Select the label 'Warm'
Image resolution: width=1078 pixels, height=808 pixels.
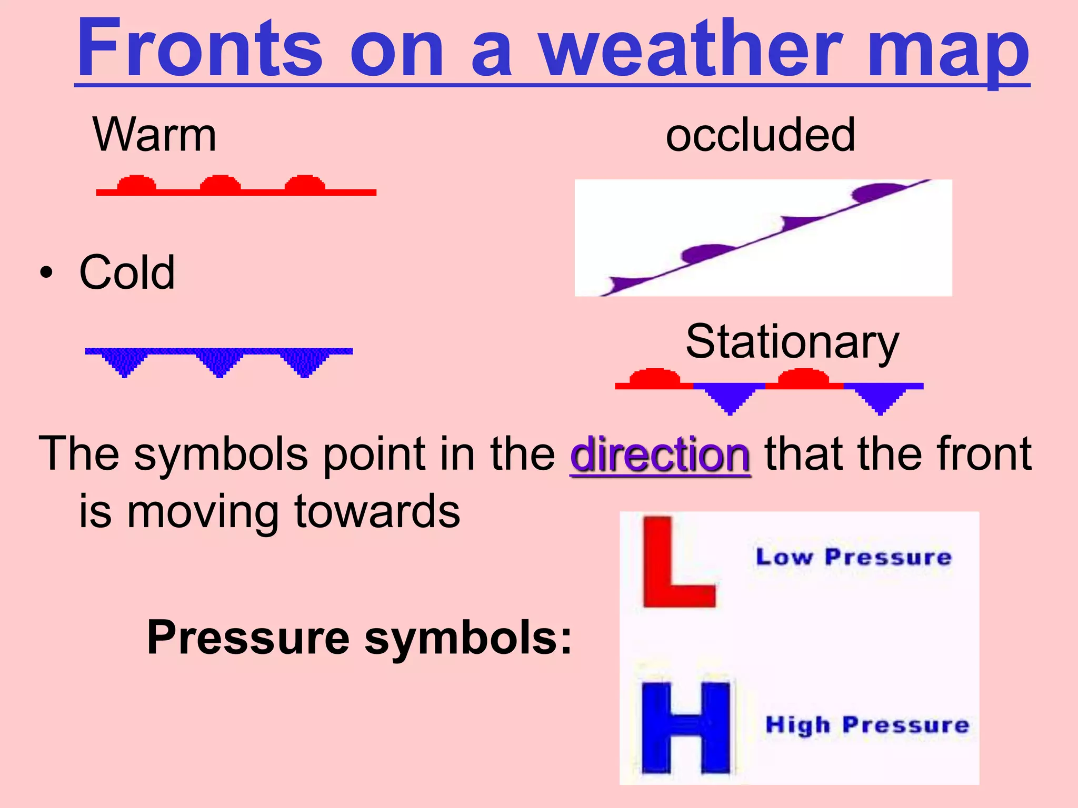tap(154, 135)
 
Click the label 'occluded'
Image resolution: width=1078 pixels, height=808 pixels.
tap(760, 135)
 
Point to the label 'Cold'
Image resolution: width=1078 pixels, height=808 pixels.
tap(127, 272)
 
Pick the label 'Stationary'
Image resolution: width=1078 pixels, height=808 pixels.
tap(792, 342)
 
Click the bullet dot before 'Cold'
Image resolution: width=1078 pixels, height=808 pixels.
tap(46, 273)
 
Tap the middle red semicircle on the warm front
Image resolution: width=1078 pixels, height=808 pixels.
tap(221, 184)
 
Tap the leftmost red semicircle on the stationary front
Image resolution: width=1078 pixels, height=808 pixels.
tap(654, 377)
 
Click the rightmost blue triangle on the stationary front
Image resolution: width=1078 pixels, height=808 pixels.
tap(881, 399)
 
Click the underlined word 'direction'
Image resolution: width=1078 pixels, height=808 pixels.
tap(660, 454)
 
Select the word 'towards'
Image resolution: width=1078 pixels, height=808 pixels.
tap(377, 511)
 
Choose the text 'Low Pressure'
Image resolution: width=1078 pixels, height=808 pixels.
tap(853, 557)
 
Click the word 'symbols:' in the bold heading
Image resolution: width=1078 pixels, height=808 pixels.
tap(468, 638)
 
